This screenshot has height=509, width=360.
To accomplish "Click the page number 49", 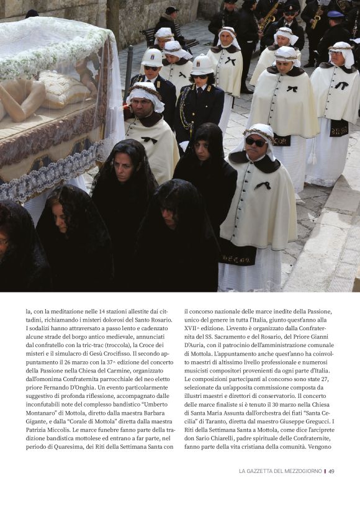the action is (331, 471).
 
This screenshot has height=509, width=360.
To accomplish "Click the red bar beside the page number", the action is (325, 471).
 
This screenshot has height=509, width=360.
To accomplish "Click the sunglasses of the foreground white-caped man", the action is (255, 142).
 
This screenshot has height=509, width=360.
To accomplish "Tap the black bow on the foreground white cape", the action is (263, 185).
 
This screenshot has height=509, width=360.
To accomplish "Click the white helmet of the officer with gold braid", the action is (202, 64).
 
